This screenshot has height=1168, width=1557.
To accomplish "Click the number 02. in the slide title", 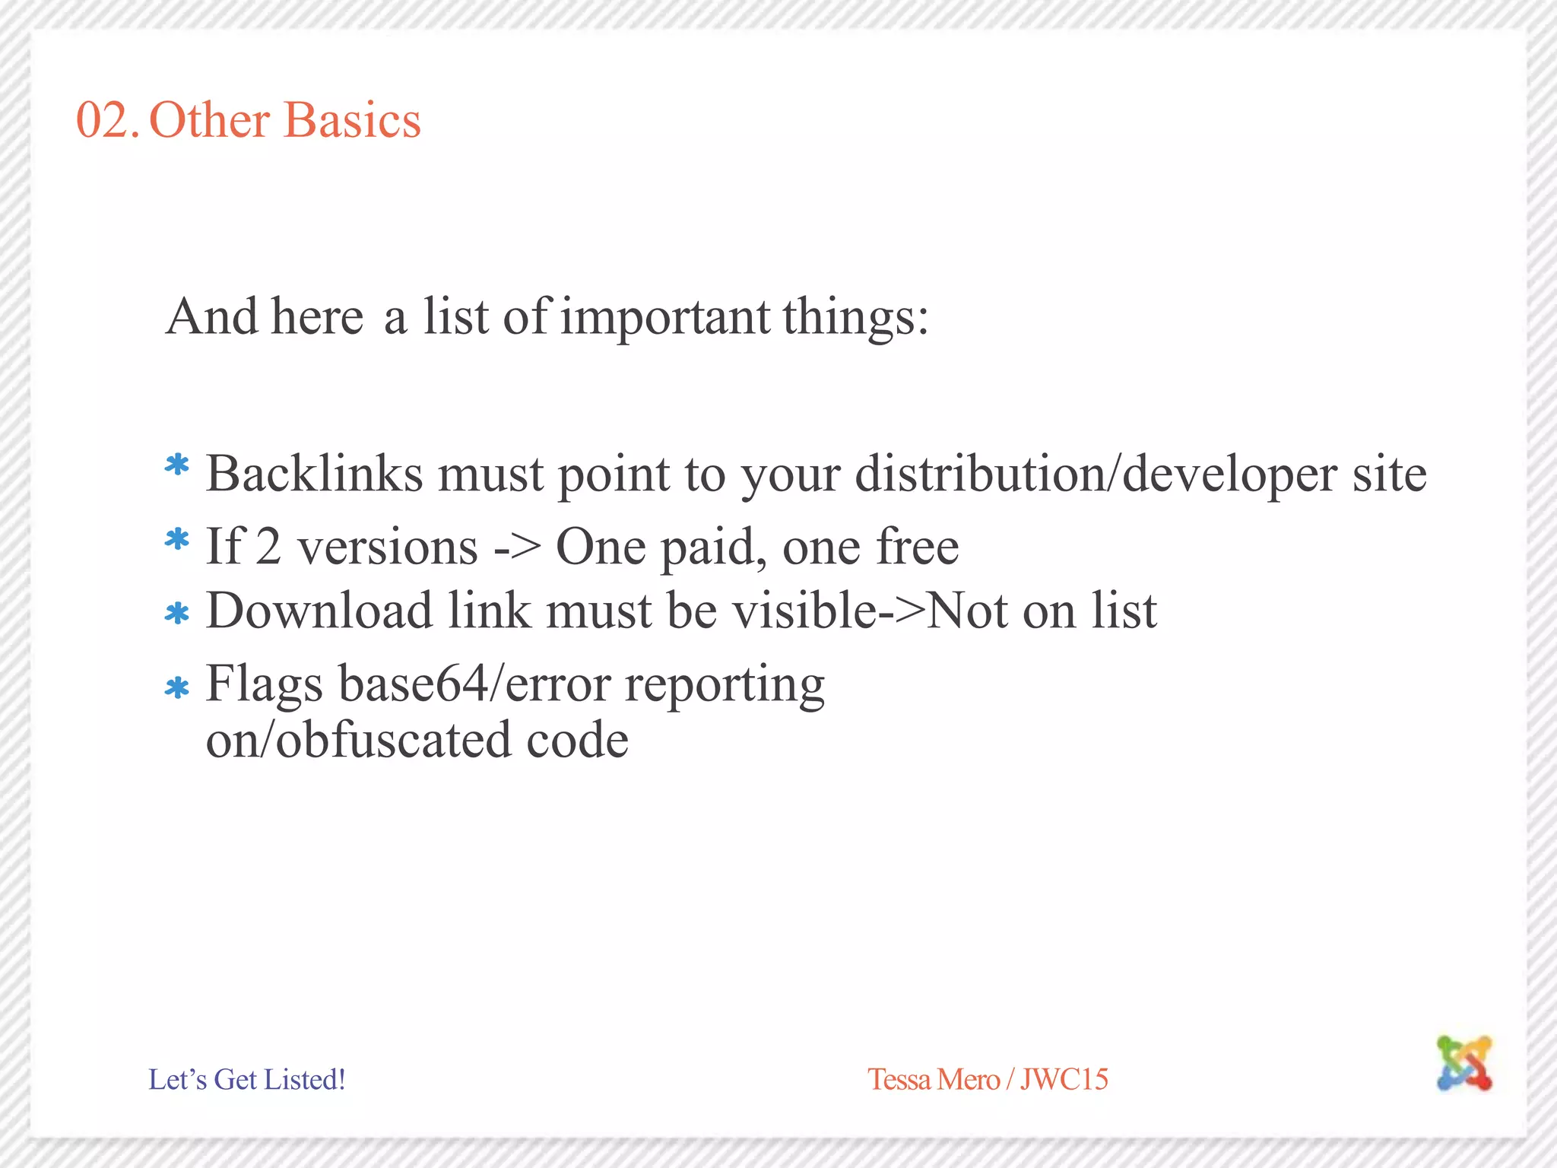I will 106,120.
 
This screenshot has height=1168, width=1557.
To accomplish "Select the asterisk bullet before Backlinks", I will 177,465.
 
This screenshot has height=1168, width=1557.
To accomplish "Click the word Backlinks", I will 314,474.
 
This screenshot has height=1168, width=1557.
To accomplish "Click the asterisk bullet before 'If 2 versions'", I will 177,539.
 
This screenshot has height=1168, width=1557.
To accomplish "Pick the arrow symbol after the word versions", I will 517,547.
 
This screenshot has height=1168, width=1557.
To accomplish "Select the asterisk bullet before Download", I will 177,613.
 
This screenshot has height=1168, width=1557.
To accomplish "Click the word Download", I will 319,611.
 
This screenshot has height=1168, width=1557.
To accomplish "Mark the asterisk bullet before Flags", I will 177,687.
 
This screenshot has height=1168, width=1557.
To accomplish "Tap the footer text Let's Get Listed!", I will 247,1079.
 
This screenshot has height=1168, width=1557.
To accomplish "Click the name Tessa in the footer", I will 900,1079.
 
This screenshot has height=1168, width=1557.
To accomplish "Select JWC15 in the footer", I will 1064,1079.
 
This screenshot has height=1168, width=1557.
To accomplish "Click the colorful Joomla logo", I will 1464,1062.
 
